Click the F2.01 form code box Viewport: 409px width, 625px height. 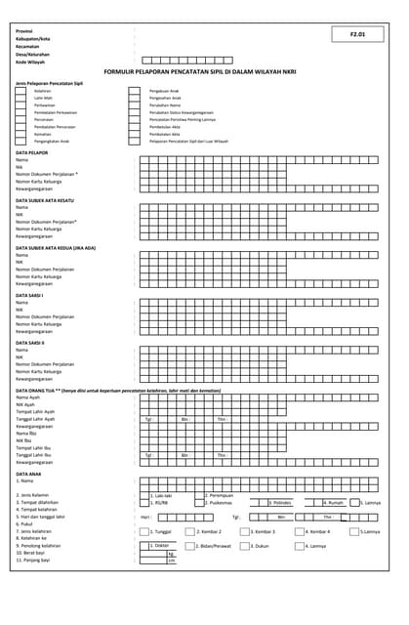[x=357, y=34]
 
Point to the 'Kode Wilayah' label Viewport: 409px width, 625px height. [x=30, y=60]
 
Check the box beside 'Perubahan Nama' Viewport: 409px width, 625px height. [x=135, y=105]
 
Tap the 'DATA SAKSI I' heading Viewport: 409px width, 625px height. [x=30, y=295]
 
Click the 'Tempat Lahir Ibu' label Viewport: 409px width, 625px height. [x=34, y=446]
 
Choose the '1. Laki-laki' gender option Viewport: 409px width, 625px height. [x=161, y=495]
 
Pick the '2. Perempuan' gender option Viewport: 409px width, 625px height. [x=219, y=495]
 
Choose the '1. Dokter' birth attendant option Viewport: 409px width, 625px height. [x=161, y=545]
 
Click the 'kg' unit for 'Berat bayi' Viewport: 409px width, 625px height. [x=171, y=553]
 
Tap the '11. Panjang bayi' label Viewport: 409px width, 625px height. [x=34, y=560]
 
